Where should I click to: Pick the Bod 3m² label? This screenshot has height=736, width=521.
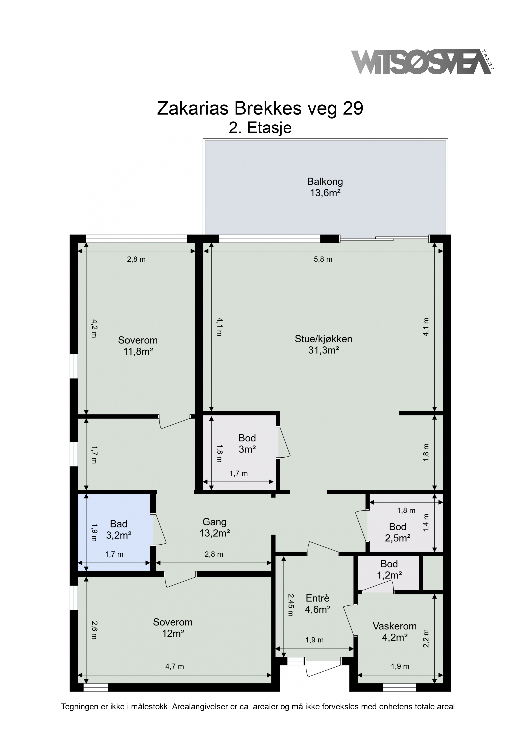(x=247, y=444)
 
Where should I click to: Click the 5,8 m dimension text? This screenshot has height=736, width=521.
(x=323, y=259)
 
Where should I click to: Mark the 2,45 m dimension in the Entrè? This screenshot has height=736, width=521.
(x=290, y=605)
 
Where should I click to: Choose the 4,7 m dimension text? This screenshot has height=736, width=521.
(x=175, y=666)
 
